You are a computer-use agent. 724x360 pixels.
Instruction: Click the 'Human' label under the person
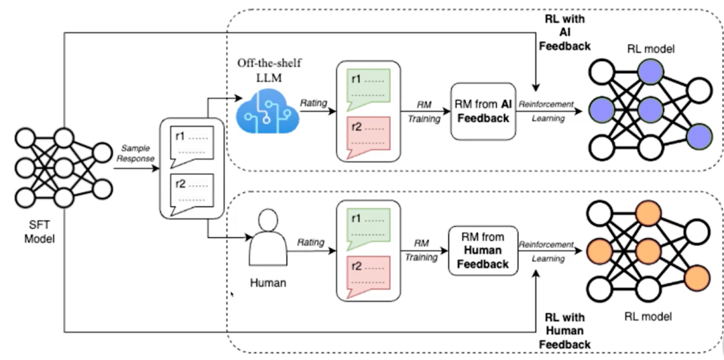pos(268,283)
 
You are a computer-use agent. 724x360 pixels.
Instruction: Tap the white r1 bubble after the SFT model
pos(192,143)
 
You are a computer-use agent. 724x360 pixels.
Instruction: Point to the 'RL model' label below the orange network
pos(646,316)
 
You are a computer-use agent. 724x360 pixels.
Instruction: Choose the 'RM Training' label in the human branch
pos(421,250)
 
